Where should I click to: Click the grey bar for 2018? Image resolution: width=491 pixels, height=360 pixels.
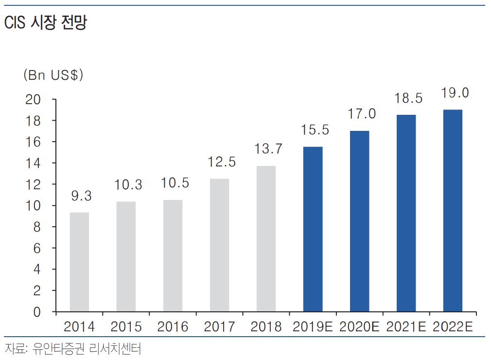(x=266, y=238)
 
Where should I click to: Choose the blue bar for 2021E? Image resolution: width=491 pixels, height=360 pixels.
(x=406, y=213)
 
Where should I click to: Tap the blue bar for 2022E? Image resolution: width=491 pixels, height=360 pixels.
(x=453, y=210)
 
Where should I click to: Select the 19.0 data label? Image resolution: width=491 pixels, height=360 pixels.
(x=455, y=92)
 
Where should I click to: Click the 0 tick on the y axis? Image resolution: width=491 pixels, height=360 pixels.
(x=37, y=312)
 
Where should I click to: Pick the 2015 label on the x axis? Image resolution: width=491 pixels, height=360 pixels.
(x=126, y=327)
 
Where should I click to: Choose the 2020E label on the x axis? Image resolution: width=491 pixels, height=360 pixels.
(x=359, y=327)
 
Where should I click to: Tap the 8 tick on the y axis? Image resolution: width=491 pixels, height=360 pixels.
(x=37, y=227)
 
